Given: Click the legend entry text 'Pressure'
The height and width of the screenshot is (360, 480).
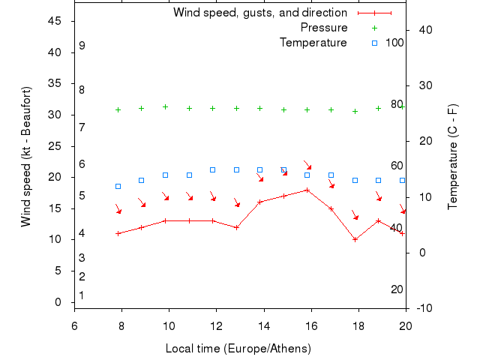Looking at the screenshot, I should pyautogui.click(x=324, y=28).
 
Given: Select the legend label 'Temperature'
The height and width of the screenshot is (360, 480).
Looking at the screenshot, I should pyautogui.click(x=313, y=43).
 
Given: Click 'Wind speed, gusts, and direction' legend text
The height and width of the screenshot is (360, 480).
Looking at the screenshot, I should pyautogui.click(x=260, y=13).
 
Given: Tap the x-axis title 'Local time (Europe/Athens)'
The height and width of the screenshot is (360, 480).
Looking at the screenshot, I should pyautogui.click(x=238, y=349).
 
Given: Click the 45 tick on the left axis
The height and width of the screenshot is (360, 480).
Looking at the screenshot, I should pyautogui.click(x=55, y=21).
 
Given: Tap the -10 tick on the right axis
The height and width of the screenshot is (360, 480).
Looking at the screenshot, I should pyautogui.click(x=423, y=308).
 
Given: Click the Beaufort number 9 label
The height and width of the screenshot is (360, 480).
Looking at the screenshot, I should pyautogui.click(x=82, y=46).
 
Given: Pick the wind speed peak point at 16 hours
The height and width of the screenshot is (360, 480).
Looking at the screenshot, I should pyautogui.click(x=307, y=190).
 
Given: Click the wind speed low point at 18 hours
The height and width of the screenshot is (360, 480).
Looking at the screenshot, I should pyautogui.click(x=355, y=239).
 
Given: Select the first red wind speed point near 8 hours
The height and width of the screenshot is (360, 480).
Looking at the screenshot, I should pyautogui.click(x=118, y=233).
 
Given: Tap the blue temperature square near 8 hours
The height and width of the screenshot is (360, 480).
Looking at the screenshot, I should pyautogui.click(x=118, y=186).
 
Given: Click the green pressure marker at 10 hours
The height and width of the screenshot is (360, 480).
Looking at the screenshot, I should pyautogui.click(x=165, y=106).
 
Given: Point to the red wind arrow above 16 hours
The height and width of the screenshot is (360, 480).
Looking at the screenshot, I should pyautogui.click(x=307, y=164).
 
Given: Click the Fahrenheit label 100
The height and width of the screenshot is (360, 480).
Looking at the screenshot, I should pyautogui.click(x=394, y=43).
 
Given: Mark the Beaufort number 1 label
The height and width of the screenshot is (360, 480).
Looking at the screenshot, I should pyautogui.click(x=82, y=295).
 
